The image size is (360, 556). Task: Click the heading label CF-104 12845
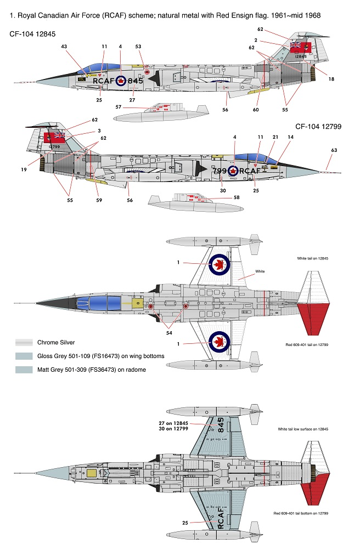point(32,35)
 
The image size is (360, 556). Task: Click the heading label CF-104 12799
point(318,127)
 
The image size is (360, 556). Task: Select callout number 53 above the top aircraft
point(138,47)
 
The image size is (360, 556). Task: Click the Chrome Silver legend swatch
point(24,343)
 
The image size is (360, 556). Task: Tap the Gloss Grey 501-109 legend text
point(100,356)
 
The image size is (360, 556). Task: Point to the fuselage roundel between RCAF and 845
point(120,81)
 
